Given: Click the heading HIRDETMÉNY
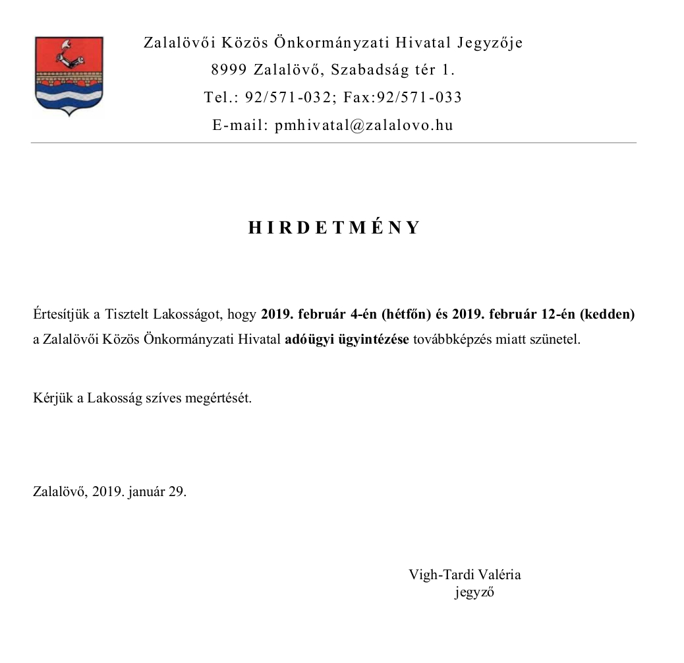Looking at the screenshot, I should (x=334, y=228).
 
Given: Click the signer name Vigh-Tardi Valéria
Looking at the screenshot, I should (x=465, y=575).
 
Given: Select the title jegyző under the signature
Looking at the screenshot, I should (x=474, y=592).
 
